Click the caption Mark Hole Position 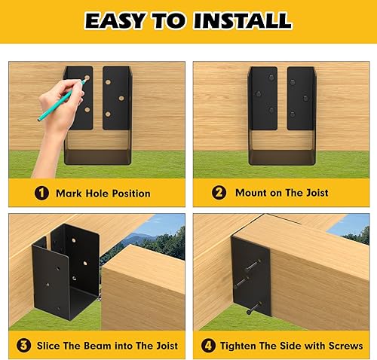[103, 194]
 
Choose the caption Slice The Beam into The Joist [107, 346]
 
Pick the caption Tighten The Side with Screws [291, 346]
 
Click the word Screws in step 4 [344, 346]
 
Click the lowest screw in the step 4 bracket [252, 307]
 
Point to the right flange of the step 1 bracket [117, 95]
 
